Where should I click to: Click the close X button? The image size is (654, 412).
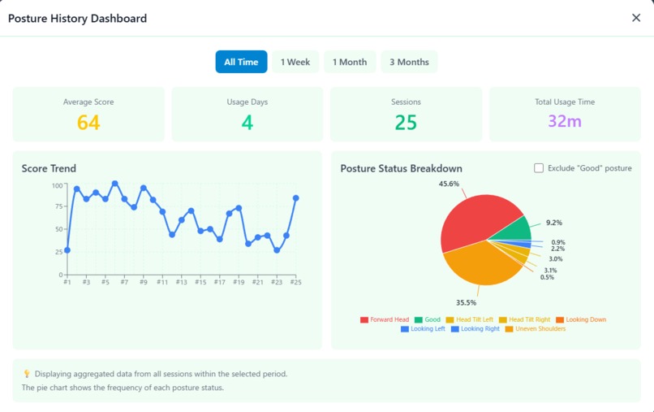pyautogui.click(x=636, y=18)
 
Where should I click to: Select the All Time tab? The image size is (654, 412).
pyautogui.click(x=241, y=62)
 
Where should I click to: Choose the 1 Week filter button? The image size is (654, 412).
pyautogui.click(x=295, y=62)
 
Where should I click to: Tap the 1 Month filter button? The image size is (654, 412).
pyautogui.click(x=350, y=62)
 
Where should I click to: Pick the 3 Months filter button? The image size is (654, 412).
pyautogui.click(x=409, y=62)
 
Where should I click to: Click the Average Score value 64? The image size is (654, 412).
pyautogui.click(x=88, y=123)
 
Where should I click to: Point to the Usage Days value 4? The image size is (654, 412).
pyautogui.click(x=247, y=123)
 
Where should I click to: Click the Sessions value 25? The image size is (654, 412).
pyautogui.click(x=406, y=123)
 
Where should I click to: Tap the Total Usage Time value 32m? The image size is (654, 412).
pyautogui.click(x=565, y=122)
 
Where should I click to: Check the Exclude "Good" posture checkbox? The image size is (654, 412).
pyautogui.click(x=539, y=168)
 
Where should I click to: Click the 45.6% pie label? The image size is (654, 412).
pyautogui.click(x=449, y=184)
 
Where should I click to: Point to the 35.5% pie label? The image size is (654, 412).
pyautogui.click(x=466, y=301)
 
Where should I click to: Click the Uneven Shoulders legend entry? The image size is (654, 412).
pyautogui.click(x=535, y=329)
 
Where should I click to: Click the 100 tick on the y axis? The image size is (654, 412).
pyautogui.click(x=57, y=185)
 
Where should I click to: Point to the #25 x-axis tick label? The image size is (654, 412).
pyautogui.click(x=296, y=282)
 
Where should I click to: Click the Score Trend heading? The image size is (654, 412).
pyautogui.click(x=49, y=168)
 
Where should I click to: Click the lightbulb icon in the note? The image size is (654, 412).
pyautogui.click(x=27, y=374)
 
